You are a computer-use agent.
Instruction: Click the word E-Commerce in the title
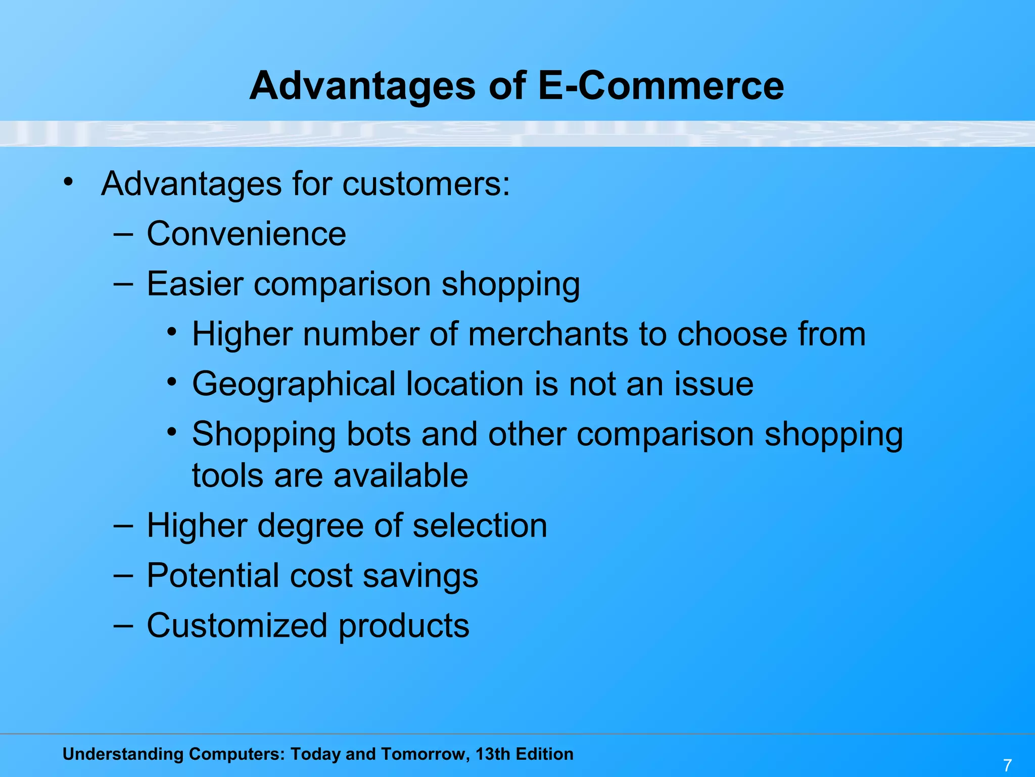coord(661,85)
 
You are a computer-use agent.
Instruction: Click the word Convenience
coord(246,234)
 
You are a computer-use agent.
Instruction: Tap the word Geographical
coord(294,384)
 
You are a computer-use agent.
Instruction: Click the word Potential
coord(213,576)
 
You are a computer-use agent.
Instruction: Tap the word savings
coord(420,577)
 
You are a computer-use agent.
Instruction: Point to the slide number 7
coord(1007,765)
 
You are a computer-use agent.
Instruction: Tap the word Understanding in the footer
coord(123,754)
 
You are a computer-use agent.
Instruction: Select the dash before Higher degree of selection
coord(123,526)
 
